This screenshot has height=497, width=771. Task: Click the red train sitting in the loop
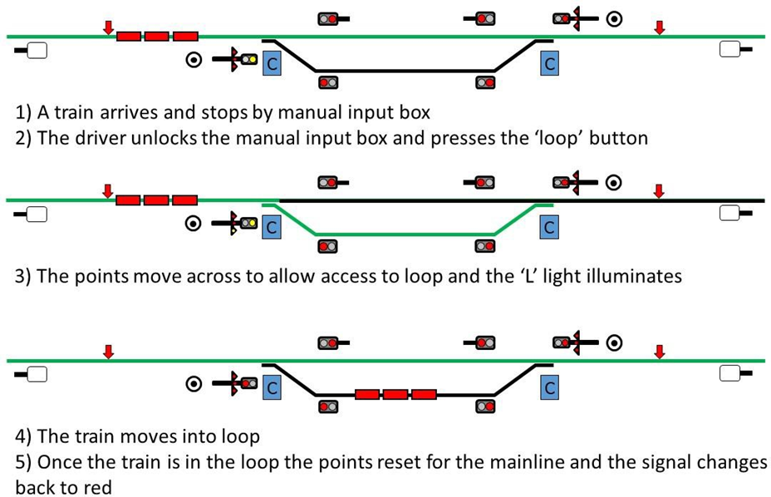395,394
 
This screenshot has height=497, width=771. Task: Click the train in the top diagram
157,36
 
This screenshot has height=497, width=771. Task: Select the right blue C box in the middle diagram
548,225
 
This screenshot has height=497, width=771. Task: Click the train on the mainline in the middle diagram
156,199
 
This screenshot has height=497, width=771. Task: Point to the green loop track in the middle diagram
407,234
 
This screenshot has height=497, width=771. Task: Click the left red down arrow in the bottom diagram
108,352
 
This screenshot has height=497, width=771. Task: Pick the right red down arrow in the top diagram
660,27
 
